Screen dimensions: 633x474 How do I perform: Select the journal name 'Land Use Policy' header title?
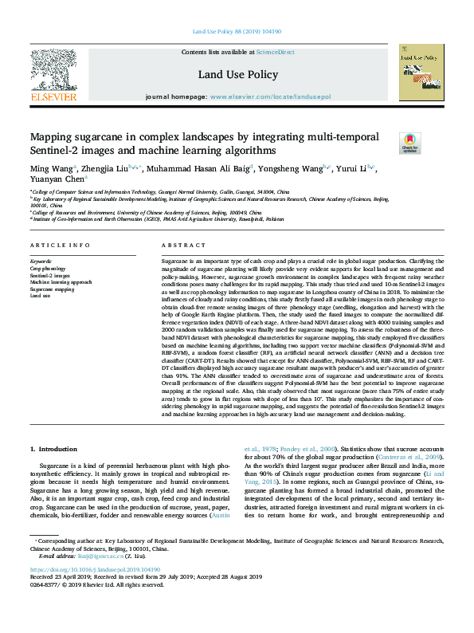pyautogui.click(x=238, y=75)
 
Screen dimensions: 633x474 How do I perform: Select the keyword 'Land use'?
pyautogui.click(x=40, y=295)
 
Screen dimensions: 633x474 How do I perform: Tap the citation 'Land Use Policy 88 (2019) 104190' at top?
pyautogui.click(x=237, y=33)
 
